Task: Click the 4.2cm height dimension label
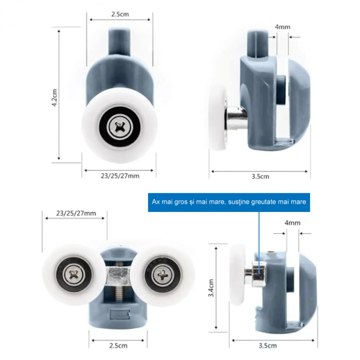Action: pos(55,98)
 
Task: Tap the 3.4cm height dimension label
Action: pos(211,288)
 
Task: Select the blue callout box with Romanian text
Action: pos(229,202)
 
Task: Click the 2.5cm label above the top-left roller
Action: pos(120,14)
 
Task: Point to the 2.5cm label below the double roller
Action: pos(118,346)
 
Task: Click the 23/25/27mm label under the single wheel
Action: pos(120,176)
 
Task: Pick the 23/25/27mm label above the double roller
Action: pos(76,213)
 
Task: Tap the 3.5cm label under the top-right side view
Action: pos(260,176)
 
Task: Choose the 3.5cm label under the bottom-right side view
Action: pos(267,346)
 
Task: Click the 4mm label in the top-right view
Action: pos(283,27)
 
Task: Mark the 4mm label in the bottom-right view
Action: pos(292,223)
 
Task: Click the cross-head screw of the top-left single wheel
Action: pos(119,127)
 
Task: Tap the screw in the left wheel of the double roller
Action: pos(74,274)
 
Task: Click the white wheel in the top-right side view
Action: pos(218,118)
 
